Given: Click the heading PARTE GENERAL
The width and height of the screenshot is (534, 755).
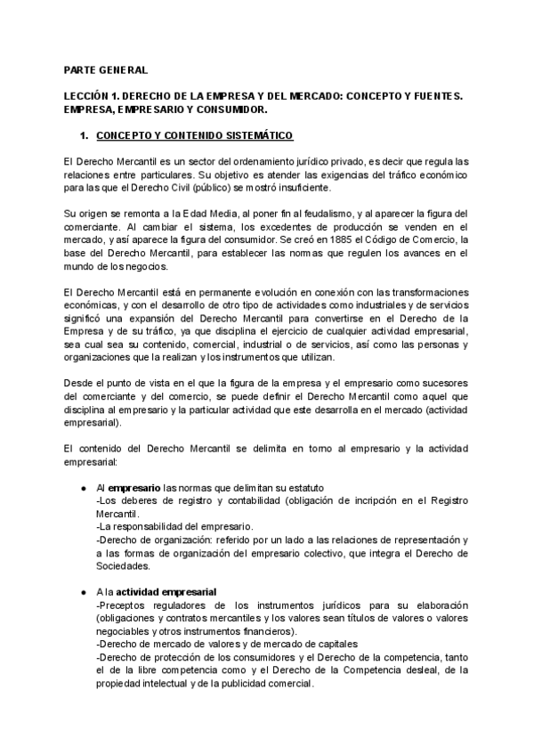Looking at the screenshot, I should [99, 69].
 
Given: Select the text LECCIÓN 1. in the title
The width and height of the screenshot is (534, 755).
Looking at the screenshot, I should [88, 94].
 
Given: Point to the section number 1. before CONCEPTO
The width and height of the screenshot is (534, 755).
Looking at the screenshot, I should [85, 135].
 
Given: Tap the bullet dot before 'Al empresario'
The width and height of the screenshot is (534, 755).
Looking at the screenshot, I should [83, 488].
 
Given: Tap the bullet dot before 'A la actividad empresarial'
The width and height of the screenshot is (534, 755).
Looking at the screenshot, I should [83, 593].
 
